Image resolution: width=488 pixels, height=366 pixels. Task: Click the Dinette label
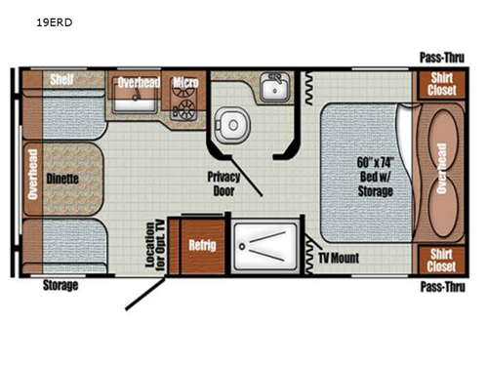pyautogui.click(x=61, y=180)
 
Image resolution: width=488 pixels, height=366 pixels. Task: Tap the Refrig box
pyautogui.click(x=202, y=245)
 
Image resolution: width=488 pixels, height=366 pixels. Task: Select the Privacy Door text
pyautogui.click(x=224, y=184)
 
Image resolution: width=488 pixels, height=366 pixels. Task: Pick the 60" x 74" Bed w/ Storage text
pyautogui.click(x=375, y=175)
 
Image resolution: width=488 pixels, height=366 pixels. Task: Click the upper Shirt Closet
pyautogui.click(x=441, y=84)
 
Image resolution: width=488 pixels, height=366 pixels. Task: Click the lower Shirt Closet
pyautogui.click(x=441, y=259)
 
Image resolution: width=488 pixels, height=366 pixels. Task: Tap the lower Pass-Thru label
pyautogui.click(x=440, y=287)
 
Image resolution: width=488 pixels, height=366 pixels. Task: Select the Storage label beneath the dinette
pyautogui.click(x=61, y=286)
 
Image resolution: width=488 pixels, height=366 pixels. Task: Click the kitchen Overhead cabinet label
pyautogui.click(x=139, y=83)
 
